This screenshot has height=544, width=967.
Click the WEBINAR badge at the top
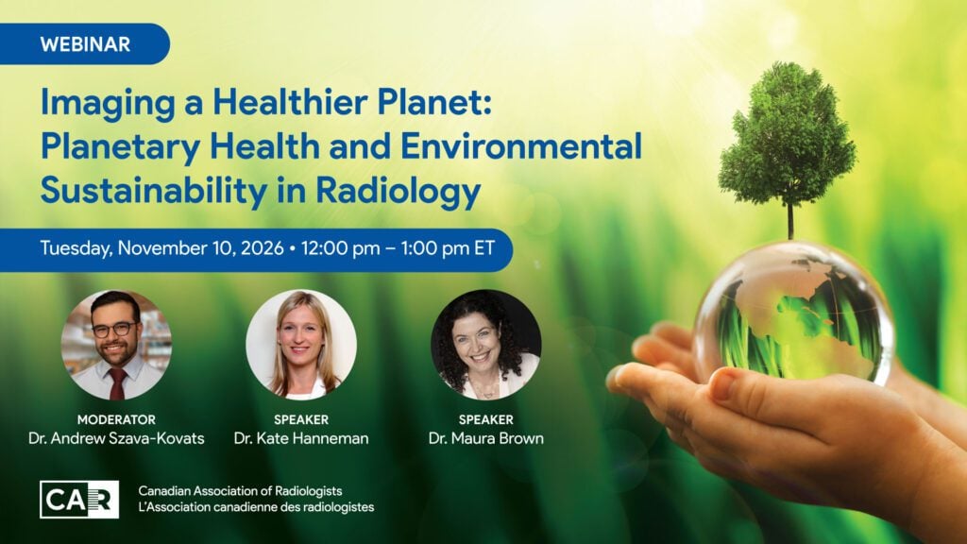pyautogui.click(x=84, y=44)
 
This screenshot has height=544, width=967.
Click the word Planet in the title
pyautogui.click(x=434, y=102)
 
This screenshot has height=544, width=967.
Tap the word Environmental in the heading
pyautogui.click(x=521, y=146)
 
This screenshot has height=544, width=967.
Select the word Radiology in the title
pyautogui.click(x=398, y=191)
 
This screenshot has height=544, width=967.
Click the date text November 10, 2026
pyautogui.click(x=201, y=248)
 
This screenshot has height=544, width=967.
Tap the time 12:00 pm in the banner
pyautogui.click(x=340, y=248)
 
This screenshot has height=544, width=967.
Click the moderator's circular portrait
pyautogui.click(x=116, y=345)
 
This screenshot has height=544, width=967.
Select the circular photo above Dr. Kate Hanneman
pyautogui.click(x=301, y=345)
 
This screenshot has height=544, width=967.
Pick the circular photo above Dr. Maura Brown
pyautogui.click(x=486, y=345)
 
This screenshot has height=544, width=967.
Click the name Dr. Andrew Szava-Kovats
pyautogui.click(x=116, y=438)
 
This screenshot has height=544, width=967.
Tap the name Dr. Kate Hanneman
pyautogui.click(x=301, y=438)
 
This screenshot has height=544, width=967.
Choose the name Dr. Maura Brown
pyautogui.click(x=486, y=438)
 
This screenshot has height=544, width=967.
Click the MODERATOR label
pyautogui.click(x=116, y=419)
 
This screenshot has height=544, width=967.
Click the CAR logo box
pyautogui.click(x=79, y=499)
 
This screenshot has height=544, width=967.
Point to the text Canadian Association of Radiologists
pyautogui.click(x=240, y=491)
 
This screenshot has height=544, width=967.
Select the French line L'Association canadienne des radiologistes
pyautogui.click(x=256, y=507)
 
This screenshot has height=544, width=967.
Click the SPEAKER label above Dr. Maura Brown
pyautogui.click(x=486, y=419)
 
